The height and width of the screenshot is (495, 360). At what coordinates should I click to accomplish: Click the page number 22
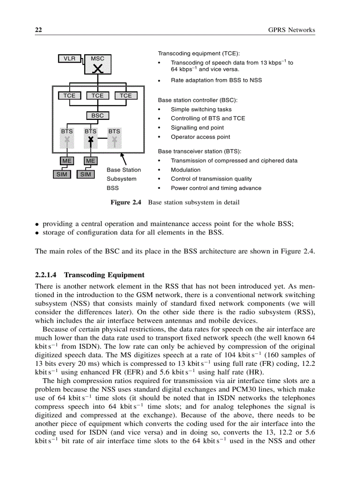[x=38, y=30]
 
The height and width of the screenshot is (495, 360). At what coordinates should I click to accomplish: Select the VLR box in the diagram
[x=69, y=58]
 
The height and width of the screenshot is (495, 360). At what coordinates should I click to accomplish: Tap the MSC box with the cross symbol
[x=98, y=64]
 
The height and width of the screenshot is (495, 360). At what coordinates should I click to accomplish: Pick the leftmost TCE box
[x=69, y=96]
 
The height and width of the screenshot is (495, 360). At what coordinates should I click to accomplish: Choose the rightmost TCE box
[x=126, y=96]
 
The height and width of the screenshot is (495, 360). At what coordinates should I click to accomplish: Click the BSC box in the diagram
[x=97, y=115]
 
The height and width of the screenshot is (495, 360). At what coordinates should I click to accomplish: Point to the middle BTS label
[x=90, y=131]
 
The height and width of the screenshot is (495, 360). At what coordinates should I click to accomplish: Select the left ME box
[x=67, y=161]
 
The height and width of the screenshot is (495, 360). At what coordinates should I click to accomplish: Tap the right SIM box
[x=86, y=174]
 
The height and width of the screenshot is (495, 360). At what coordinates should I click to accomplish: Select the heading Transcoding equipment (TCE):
[x=199, y=53]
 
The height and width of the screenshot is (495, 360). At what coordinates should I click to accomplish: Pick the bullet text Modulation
[x=185, y=170]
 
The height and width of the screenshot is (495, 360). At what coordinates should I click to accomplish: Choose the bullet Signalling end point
[x=197, y=127]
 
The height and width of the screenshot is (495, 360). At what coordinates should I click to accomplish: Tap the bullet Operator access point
[x=200, y=137]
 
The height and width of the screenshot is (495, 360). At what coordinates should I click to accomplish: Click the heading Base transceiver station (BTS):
[x=199, y=151]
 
